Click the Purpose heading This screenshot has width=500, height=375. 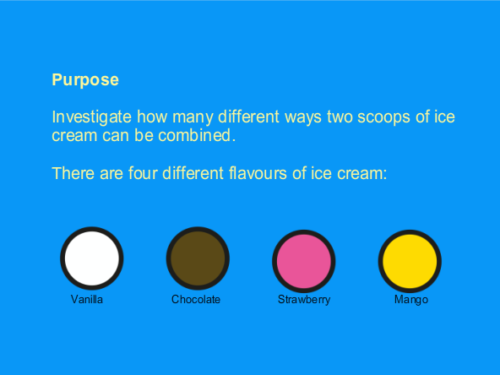[x=85, y=79]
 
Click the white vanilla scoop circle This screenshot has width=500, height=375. [x=92, y=258]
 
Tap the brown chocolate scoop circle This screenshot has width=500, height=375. [x=198, y=258]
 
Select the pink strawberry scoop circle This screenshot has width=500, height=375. [x=303, y=261]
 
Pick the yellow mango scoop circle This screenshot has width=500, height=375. [x=410, y=261]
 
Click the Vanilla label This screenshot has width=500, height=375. [x=87, y=300]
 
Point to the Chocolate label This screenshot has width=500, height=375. [x=196, y=300]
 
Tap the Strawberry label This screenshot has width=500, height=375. [x=304, y=300]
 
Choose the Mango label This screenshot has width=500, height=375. [x=411, y=300]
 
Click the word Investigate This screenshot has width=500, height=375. [x=91, y=117]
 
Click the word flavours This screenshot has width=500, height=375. [x=258, y=173]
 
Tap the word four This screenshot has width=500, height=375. [x=143, y=173]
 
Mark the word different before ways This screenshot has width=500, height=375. [x=248, y=117]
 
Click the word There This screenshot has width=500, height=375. [x=73, y=173]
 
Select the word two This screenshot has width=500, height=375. [x=340, y=117]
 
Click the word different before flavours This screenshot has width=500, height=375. [x=193, y=173]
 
